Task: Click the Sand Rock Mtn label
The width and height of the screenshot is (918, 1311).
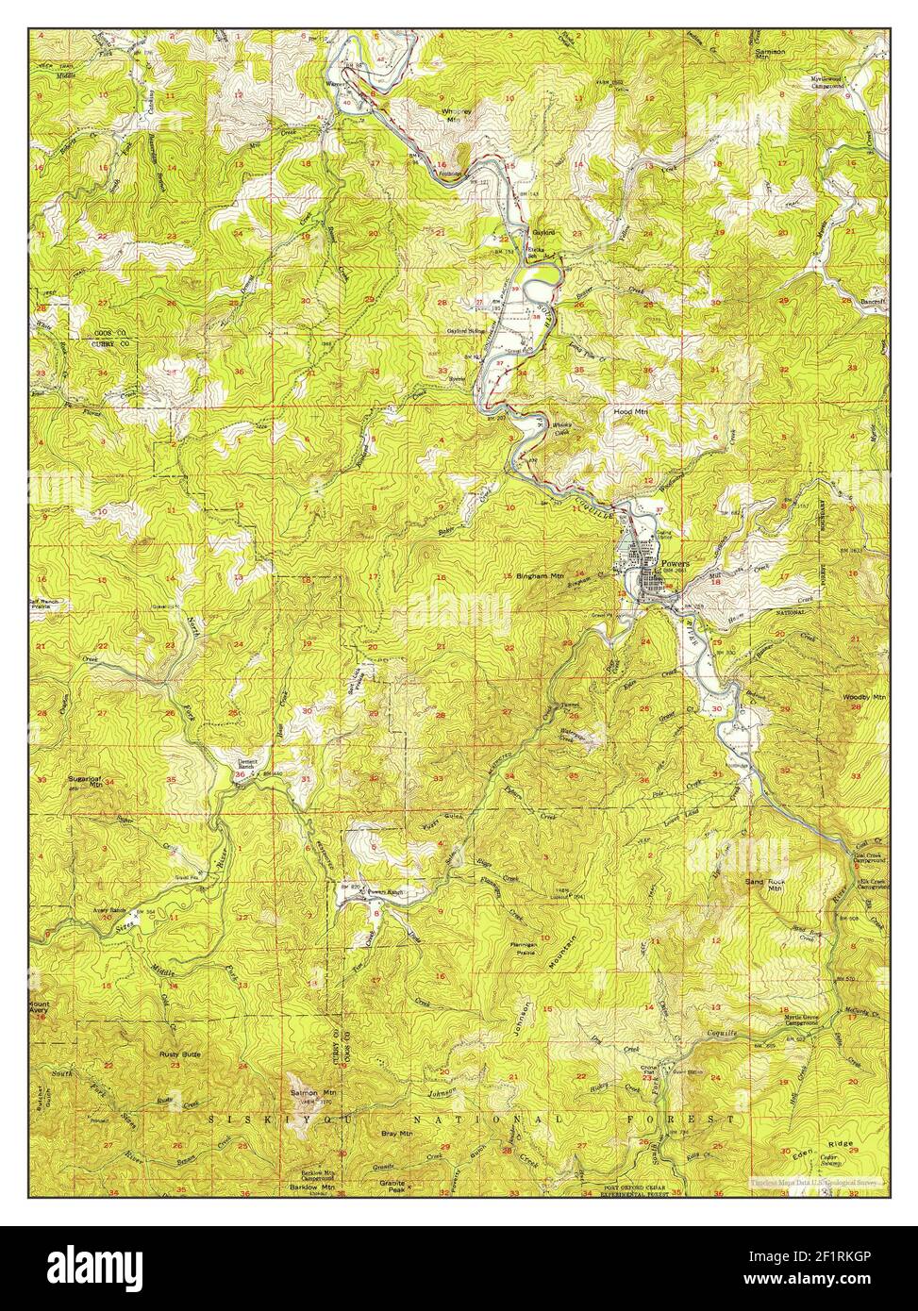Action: [x=764, y=884]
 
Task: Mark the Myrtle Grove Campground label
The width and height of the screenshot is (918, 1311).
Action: [x=805, y=1020]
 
